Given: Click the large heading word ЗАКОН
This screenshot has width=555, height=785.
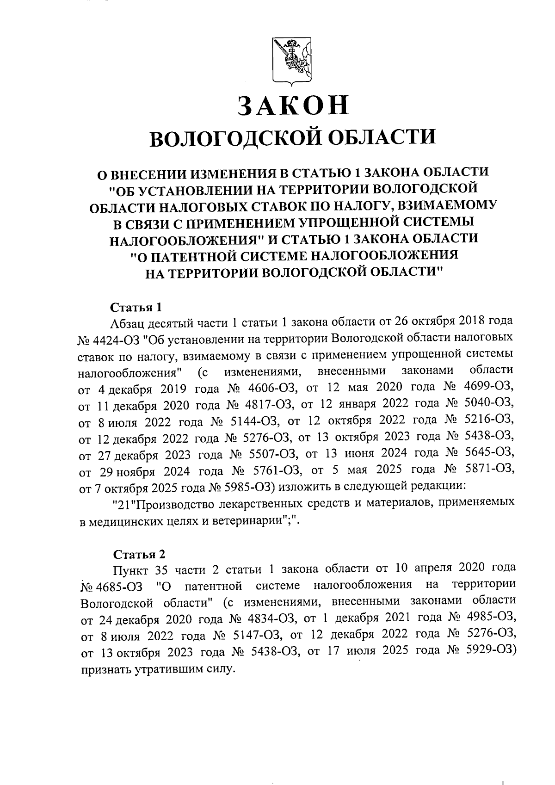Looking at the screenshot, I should click(292, 105).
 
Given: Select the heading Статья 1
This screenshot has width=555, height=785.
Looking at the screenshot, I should click(136, 307).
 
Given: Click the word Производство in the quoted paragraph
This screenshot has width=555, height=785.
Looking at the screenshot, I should click(174, 504).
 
